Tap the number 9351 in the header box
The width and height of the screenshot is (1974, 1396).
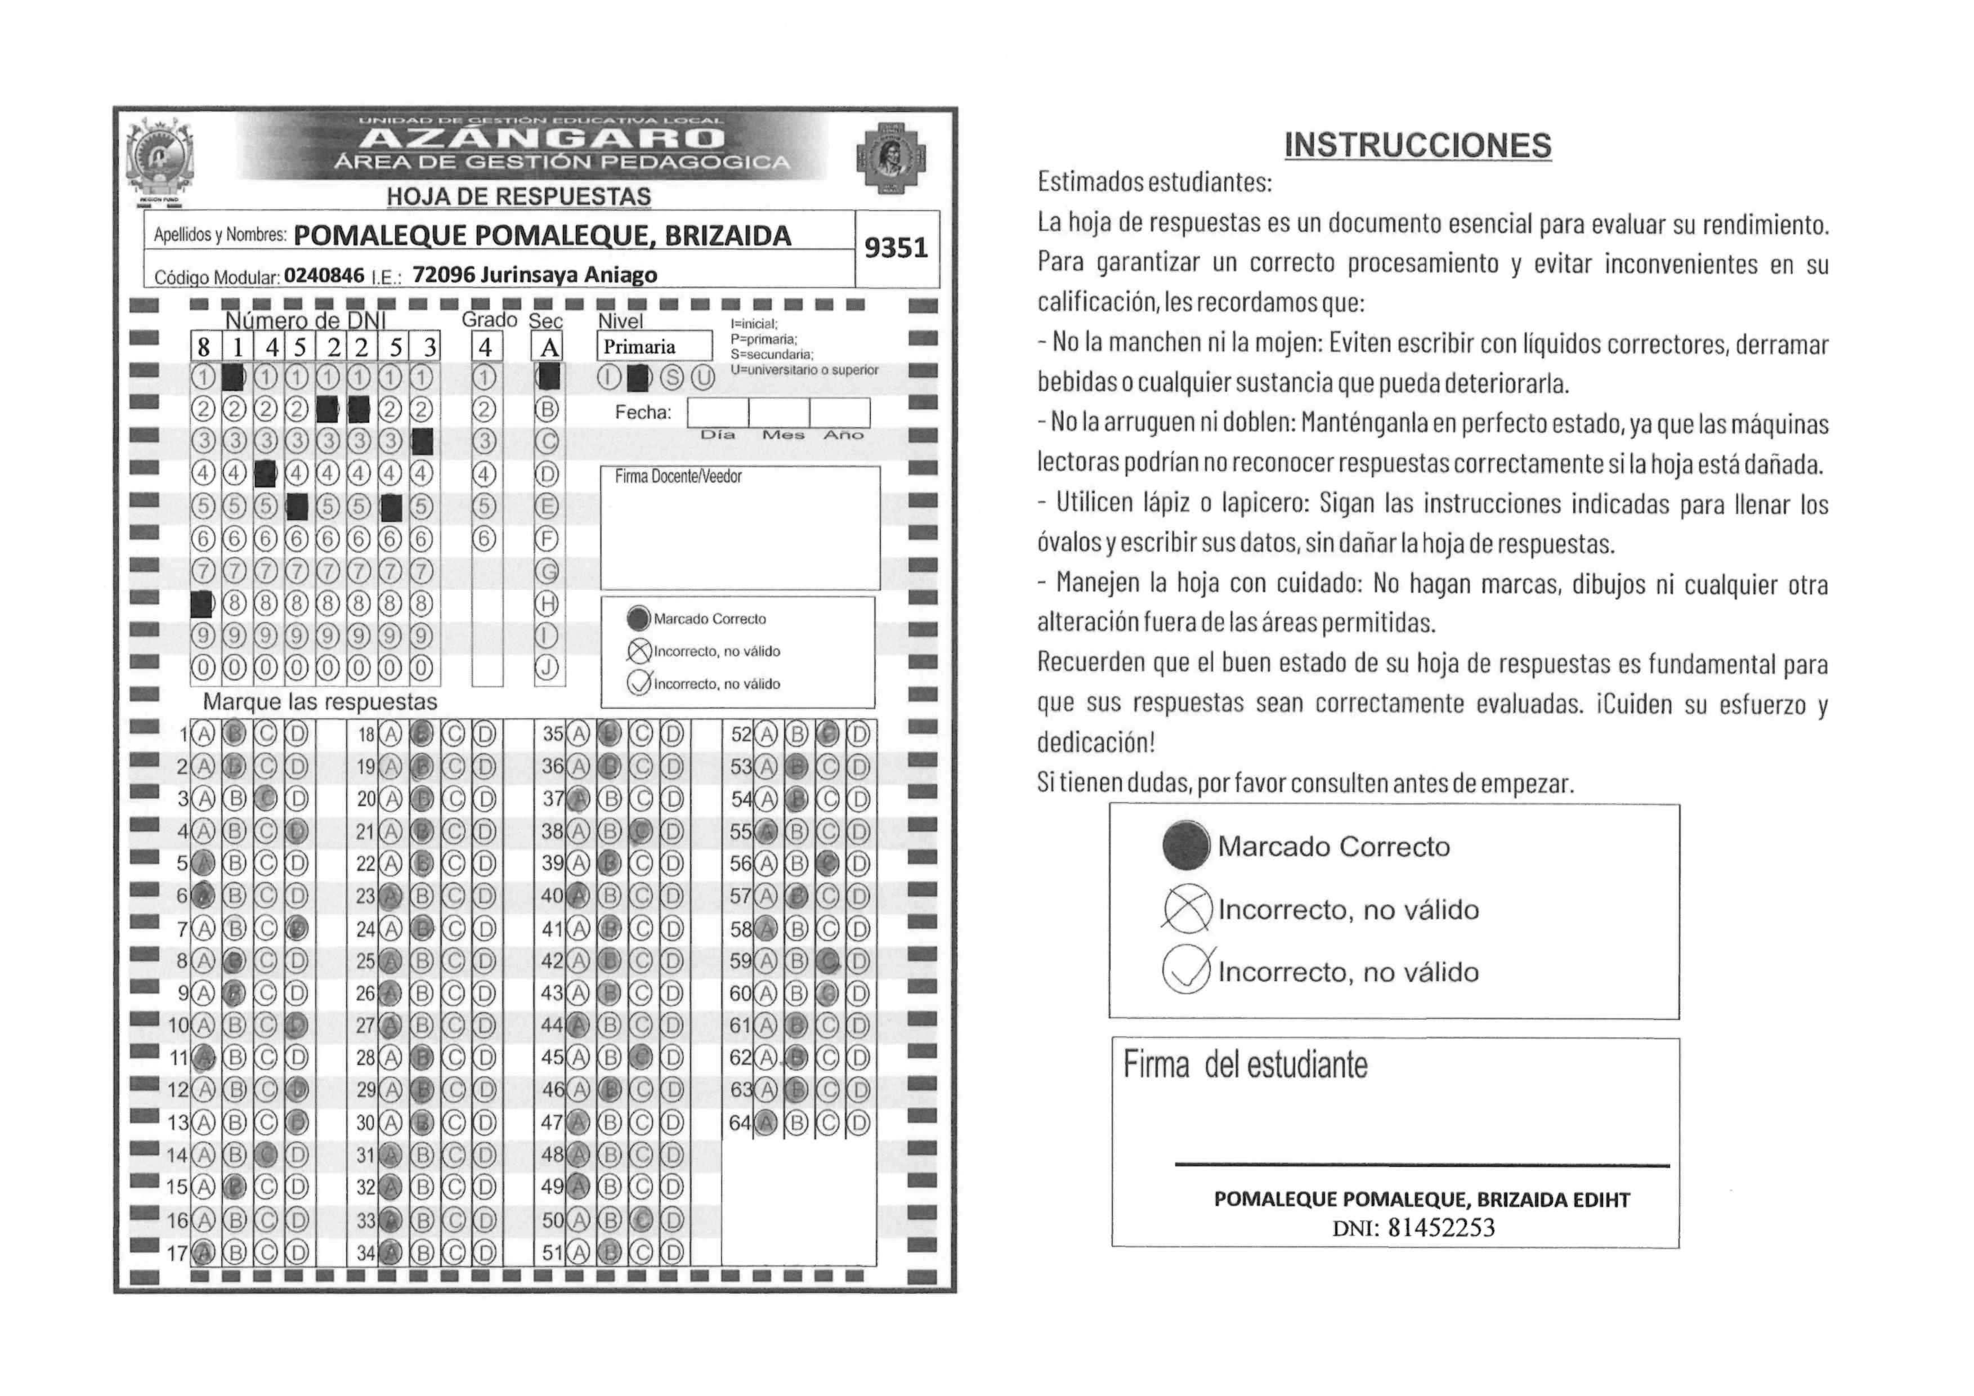(x=896, y=248)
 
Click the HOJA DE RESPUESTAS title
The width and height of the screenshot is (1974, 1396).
(x=518, y=197)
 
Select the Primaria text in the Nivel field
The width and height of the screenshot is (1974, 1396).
(x=639, y=347)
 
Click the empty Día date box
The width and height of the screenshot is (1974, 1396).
(x=717, y=413)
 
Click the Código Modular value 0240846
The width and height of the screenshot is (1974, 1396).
(x=324, y=275)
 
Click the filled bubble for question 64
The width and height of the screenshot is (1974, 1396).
(x=767, y=1122)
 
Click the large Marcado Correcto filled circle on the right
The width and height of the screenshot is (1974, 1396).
(x=1185, y=846)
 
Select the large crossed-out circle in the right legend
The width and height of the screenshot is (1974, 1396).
(x=1187, y=909)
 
